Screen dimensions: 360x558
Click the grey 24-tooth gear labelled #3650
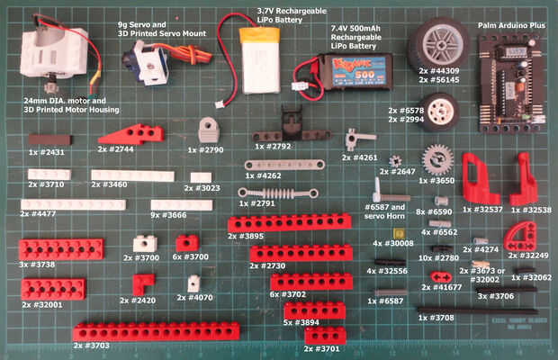click(x=437, y=160)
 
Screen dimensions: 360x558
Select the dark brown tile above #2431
click(x=49, y=139)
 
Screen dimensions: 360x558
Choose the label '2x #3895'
click(x=245, y=236)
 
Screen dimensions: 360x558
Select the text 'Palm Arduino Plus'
click(x=511, y=27)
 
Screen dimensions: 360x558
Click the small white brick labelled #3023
click(x=201, y=177)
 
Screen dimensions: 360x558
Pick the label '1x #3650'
click(x=438, y=180)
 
